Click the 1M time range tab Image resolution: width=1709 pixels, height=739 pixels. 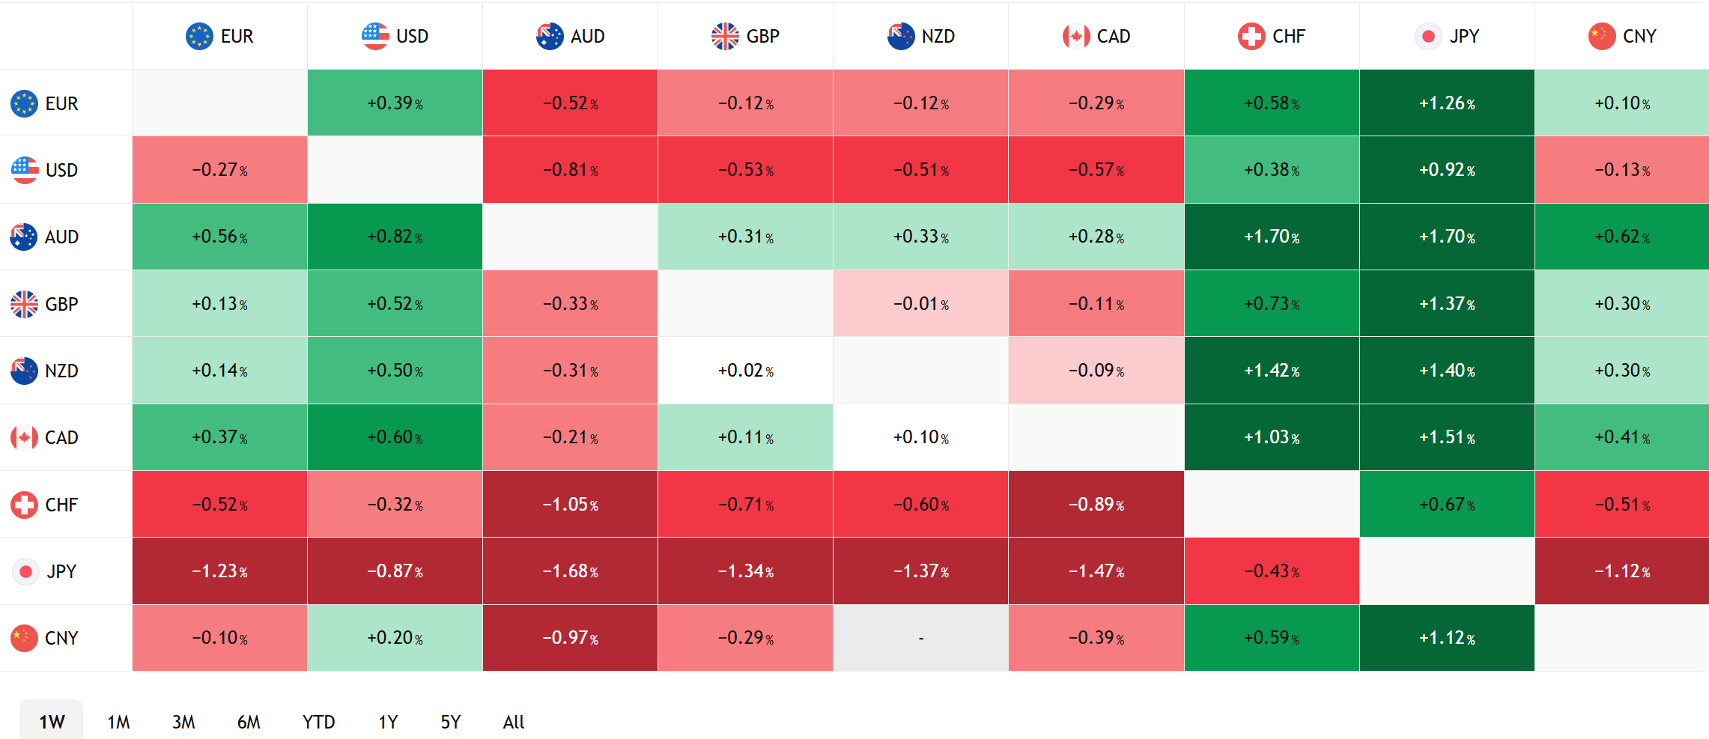[118, 722]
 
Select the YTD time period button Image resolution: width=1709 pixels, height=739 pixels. [318, 722]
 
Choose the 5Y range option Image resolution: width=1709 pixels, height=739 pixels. [450, 722]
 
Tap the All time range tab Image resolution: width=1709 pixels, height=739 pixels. [514, 722]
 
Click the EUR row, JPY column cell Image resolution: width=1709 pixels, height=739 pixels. [1447, 103]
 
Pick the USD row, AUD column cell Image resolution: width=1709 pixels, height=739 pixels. [570, 170]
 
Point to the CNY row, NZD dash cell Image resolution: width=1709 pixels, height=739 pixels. [920, 638]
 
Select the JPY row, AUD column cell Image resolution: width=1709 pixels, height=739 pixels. [570, 571]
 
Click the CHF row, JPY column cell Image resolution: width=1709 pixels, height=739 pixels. [1447, 504]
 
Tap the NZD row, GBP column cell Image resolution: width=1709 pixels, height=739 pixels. [745, 371]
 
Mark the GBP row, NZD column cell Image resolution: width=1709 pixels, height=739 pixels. [920, 304]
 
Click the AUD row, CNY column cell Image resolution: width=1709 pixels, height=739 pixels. [1622, 237]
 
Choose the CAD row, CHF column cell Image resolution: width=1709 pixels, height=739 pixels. [1272, 437]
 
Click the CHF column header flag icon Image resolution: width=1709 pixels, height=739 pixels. [1251, 36]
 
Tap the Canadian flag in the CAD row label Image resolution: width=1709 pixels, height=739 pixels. [24, 437]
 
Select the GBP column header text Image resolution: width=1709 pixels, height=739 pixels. [763, 36]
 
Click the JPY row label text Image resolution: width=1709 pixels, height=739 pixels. [61, 571]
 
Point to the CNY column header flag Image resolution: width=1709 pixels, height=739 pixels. [1601, 36]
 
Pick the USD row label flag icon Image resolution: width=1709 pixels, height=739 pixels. [24, 170]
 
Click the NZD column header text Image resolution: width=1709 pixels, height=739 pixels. [938, 36]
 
